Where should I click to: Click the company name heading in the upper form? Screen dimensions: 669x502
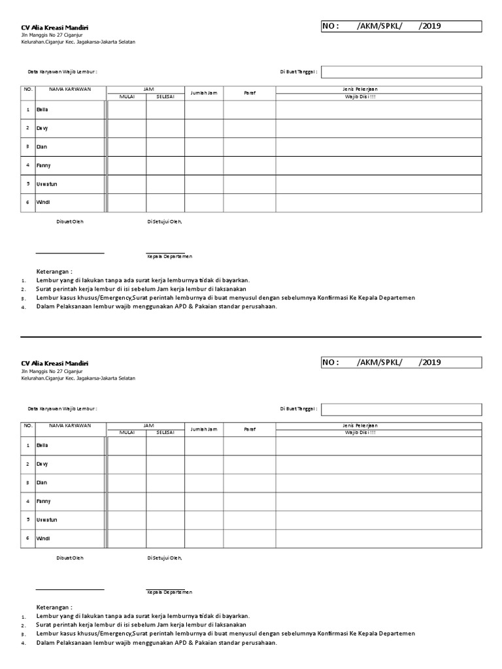(x=55, y=27)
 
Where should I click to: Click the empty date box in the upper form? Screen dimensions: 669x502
(x=401, y=72)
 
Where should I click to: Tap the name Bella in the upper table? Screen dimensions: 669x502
(x=42, y=110)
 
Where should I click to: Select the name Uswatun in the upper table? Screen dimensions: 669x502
(x=46, y=184)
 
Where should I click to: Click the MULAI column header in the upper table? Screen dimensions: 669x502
(x=126, y=97)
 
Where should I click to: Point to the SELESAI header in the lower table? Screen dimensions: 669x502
(x=165, y=432)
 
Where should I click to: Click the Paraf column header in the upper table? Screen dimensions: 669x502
(x=249, y=93)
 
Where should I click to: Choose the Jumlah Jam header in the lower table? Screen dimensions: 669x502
(x=203, y=429)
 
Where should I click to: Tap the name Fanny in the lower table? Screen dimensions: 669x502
(x=43, y=501)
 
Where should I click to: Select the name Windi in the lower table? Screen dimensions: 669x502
(x=42, y=538)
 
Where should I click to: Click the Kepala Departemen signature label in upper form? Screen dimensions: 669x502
(x=169, y=257)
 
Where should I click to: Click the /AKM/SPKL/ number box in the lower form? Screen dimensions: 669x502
(x=401, y=363)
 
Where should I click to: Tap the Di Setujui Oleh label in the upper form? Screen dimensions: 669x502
(x=165, y=221)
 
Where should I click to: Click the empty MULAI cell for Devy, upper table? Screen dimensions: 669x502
(x=126, y=129)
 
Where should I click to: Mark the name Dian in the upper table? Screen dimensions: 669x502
(x=42, y=147)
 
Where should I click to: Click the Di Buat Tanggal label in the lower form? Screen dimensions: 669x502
(x=299, y=408)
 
